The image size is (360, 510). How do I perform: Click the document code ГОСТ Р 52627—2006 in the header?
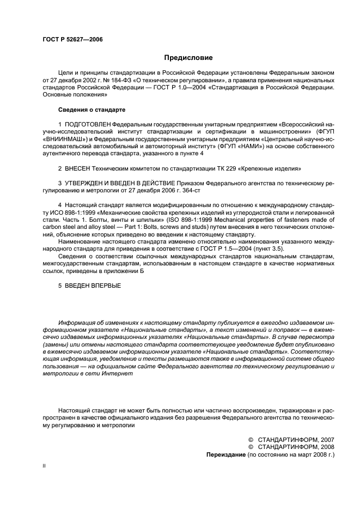[72, 39]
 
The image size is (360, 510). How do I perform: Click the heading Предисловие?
[188, 57]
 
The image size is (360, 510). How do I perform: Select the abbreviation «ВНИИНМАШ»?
[62, 139]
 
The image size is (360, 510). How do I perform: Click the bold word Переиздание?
[225, 454]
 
